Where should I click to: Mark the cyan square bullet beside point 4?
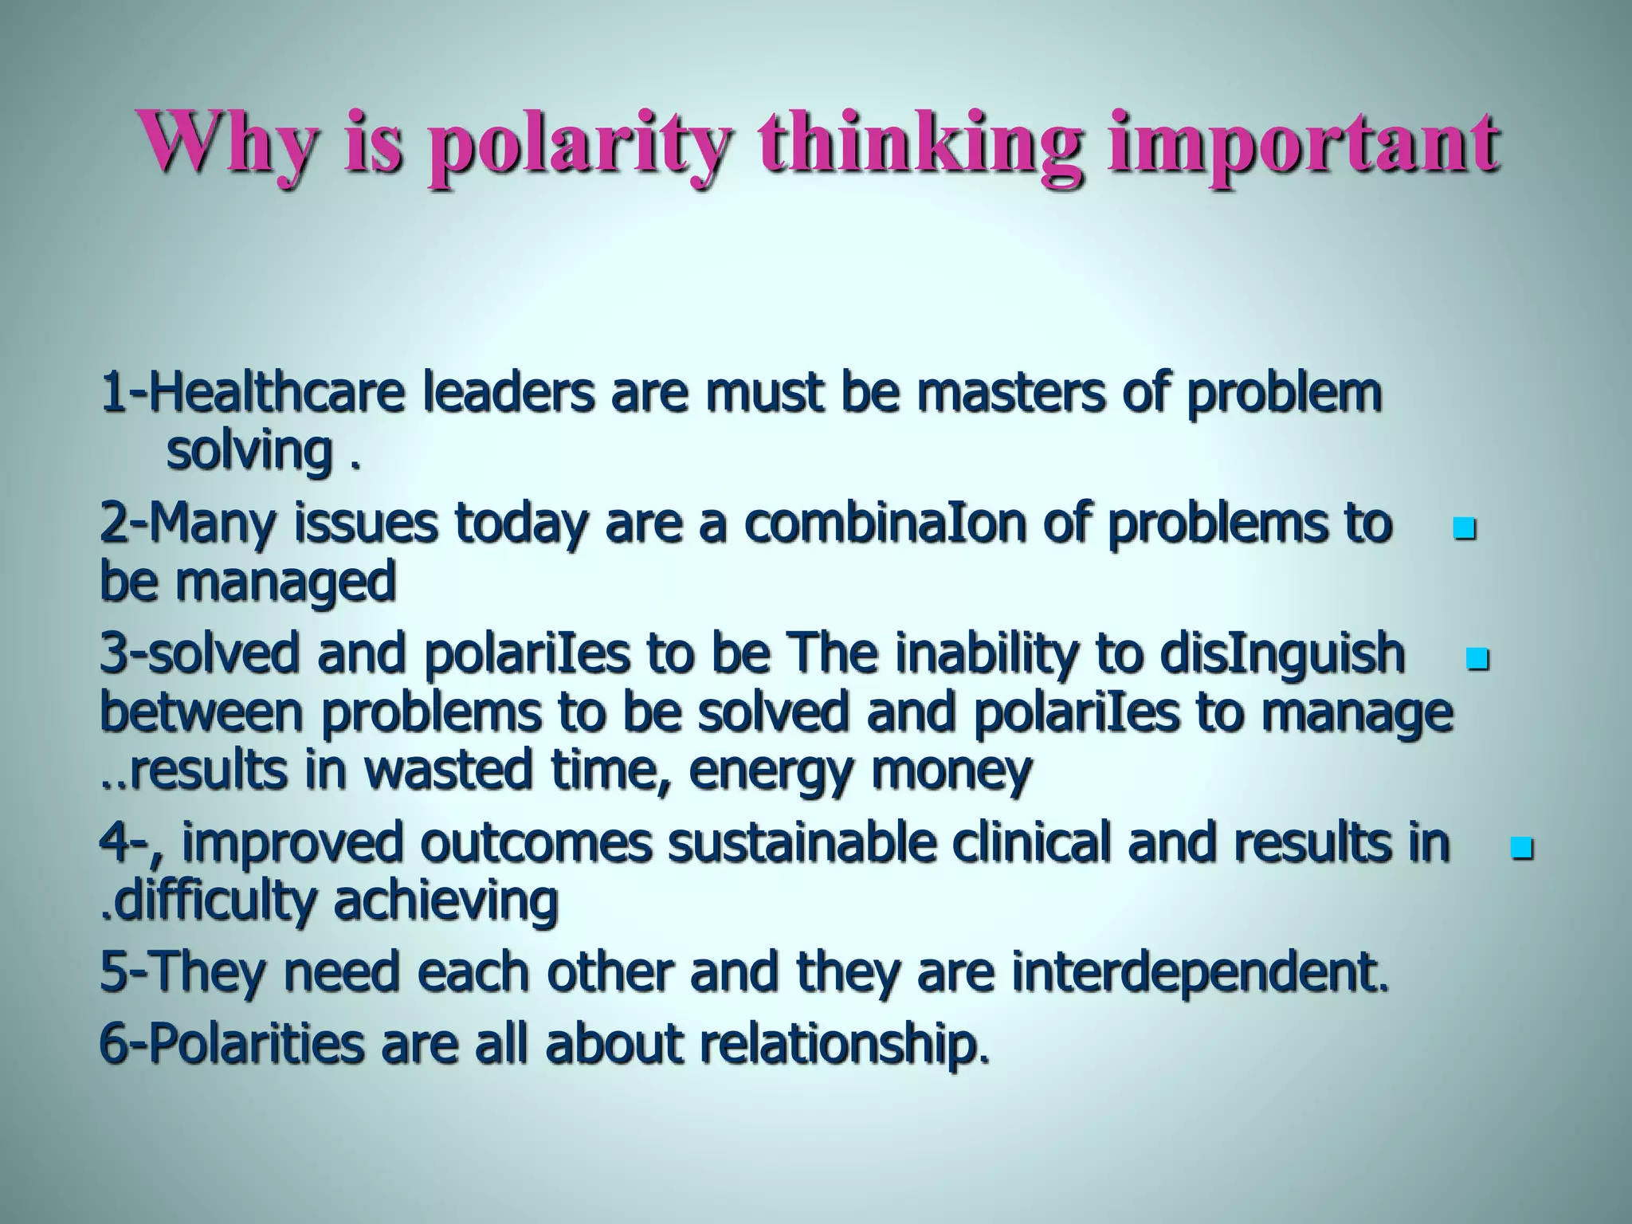pos(1521,846)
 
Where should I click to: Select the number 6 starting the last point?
pos(111,1044)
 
